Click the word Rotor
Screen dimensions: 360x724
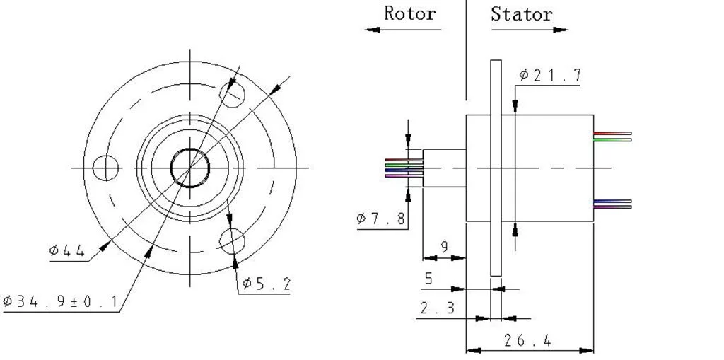pyautogui.click(x=409, y=13)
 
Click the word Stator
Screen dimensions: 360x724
pyautogui.click(x=522, y=14)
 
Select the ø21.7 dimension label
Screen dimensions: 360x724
pyautogui.click(x=551, y=75)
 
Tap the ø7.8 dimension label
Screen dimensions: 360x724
pyautogui.click(x=382, y=219)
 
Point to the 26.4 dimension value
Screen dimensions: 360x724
pyautogui.click(x=527, y=340)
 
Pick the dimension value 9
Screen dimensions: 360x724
pyautogui.click(x=444, y=247)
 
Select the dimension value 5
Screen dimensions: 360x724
pyautogui.click(x=428, y=279)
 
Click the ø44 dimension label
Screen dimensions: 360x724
pyautogui.click(x=67, y=250)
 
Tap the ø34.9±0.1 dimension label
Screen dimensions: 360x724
pyautogui.click(x=60, y=302)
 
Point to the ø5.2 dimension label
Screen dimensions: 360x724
pyautogui.click(x=266, y=284)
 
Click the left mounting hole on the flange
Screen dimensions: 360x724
pyautogui.click(x=106, y=168)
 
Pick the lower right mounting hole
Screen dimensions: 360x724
pyautogui.click(x=232, y=240)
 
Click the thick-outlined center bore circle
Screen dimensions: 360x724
pyautogui.click(x=190, y=168)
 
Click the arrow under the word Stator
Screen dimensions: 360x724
pyautogui.click(x=530, y=30)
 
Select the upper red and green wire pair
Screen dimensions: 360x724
pyautogui.click(x=612, y=137)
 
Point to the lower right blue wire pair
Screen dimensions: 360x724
pyautogui.click(x=612, y=204)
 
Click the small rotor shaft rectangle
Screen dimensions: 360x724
pyautogui.click(x=444, y=168)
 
